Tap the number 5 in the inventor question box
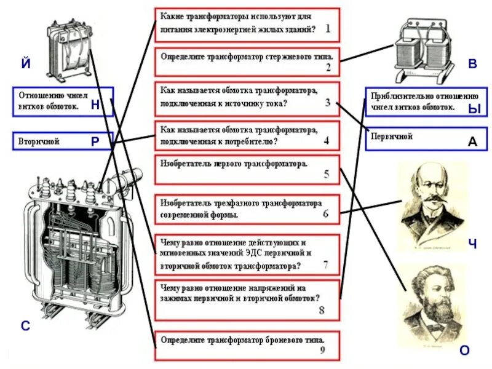(x=327, y=174)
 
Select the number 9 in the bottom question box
(x=322, y=351)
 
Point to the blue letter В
(x=472, y=64)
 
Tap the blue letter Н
(x=95, y=105)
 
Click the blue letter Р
(x=95, y=141)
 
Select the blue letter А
(x=472, y=141)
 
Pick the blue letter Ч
(x=472, y=244)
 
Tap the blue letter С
(x=25, y=326)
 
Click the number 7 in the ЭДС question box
(x=325, y=265)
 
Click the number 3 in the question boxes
(x=328, y=103)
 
